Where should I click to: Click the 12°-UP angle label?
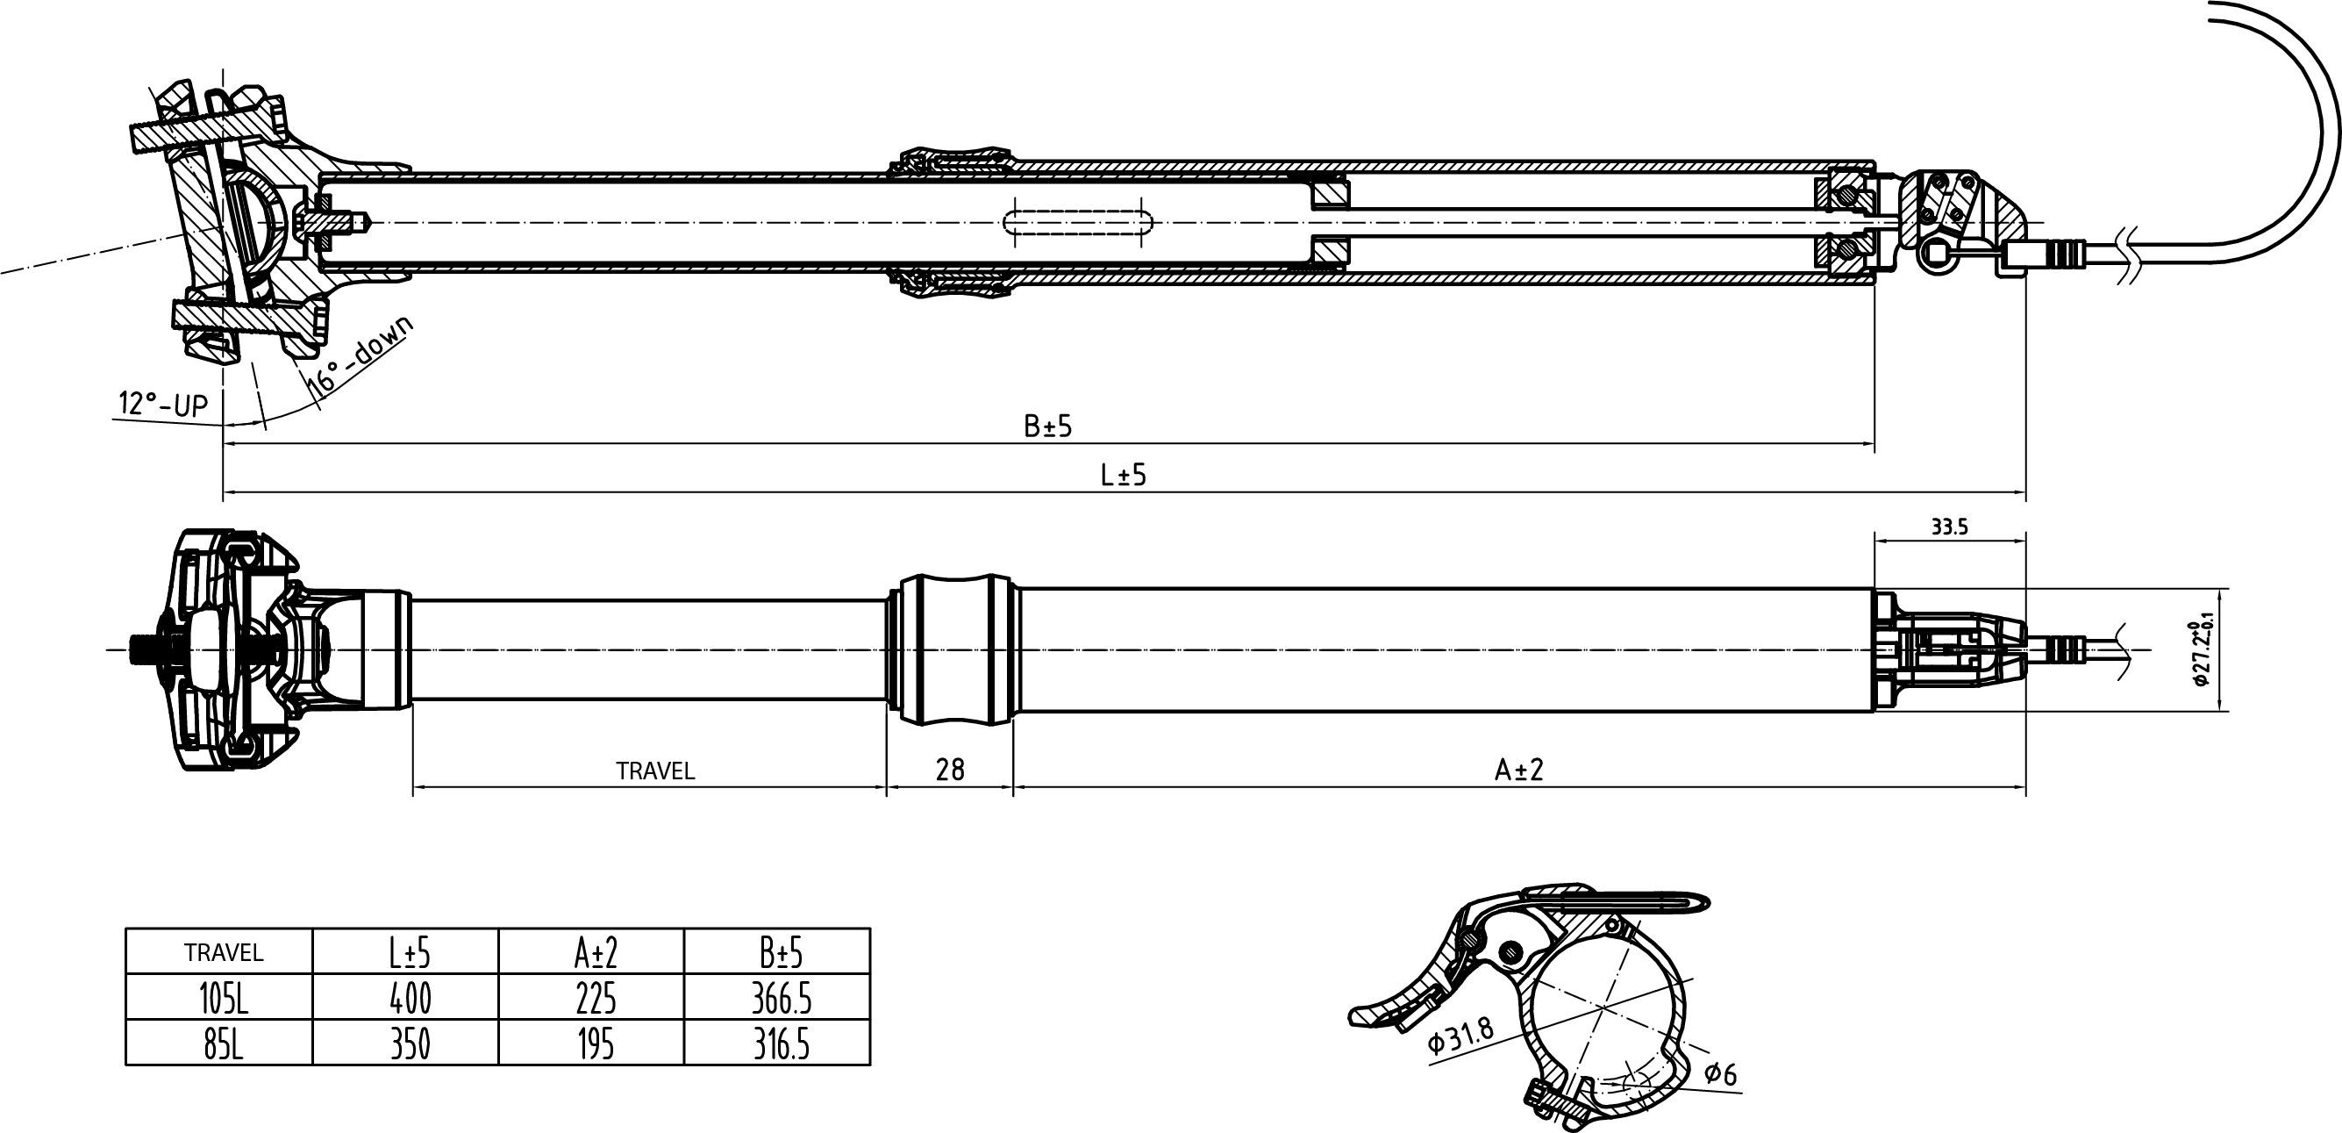pos(164,404)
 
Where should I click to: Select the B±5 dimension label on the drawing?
pos(1048,426)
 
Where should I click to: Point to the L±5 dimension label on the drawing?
pos(1124,475)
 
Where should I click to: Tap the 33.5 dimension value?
pos(1949,527)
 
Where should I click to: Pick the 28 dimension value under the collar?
pos(950,771)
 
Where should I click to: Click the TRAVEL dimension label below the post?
pos(655,771)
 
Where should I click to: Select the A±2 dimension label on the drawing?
pos(1519,771)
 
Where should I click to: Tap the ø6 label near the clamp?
pos(1720,1075)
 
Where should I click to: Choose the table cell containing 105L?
pos(223,1000)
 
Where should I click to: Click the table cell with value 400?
pos(410,1000)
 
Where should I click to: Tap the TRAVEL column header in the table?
pos(223,953)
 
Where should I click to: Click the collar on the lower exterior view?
pos(954,649)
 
